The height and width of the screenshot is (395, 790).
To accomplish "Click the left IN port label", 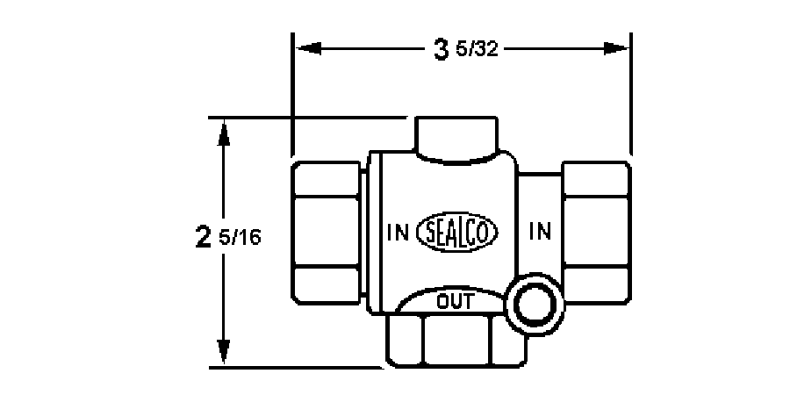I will [398, 233].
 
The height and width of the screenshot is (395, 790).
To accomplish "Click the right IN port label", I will [540, 233].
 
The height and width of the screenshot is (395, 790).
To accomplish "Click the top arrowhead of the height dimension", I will [226, 130].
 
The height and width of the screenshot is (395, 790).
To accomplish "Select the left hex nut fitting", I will [325, 232].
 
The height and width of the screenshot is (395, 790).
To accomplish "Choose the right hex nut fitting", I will [597, 232].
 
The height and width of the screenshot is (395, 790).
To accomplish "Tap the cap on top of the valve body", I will [456, 139].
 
